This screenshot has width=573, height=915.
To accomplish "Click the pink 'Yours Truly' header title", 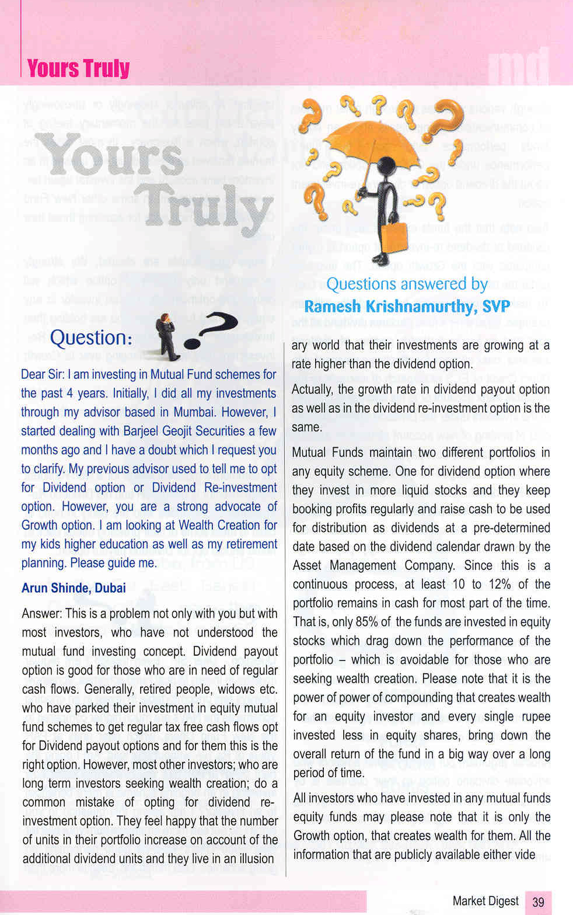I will point(78,68).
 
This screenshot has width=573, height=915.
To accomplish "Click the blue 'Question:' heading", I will point(91,338).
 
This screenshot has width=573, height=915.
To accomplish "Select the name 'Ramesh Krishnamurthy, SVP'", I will point(407,306).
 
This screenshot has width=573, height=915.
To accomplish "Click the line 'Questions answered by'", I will point(407,284).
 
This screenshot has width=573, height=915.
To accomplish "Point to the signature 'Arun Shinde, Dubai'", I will point(74,587).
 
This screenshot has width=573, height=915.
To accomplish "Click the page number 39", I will point(538,902).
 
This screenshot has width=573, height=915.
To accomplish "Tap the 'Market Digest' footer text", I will point(485,901).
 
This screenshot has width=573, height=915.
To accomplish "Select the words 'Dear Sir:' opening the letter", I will point(43,374).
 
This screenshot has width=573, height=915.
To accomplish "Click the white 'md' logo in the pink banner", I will point(518,66).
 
